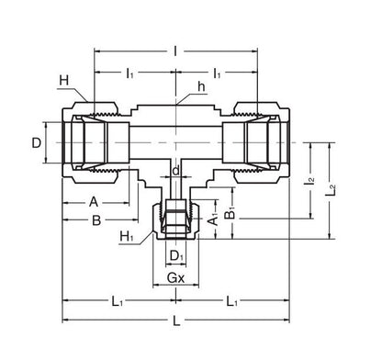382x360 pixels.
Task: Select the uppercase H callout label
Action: [64, 83]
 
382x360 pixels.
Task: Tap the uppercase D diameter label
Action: [36, 143]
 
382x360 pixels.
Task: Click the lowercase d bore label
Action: [174, 171]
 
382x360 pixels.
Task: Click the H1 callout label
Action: [126, 237]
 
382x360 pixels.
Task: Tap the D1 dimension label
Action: [175, 255]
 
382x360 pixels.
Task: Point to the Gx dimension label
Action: [174, 276]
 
